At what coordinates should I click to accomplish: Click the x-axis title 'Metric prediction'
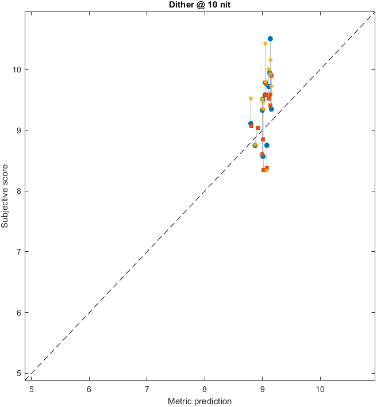click(x=199, y=401)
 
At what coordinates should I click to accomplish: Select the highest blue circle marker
click(x=270, y=39)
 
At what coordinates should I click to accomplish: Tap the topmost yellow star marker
click(x=265, y=43)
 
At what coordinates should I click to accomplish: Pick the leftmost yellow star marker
click(x=251, y=98)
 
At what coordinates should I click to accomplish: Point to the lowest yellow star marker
click(x=267, y=170)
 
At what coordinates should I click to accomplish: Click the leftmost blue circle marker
click(x=251, y=124)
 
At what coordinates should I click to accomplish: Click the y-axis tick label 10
click(x=17, y=70)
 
